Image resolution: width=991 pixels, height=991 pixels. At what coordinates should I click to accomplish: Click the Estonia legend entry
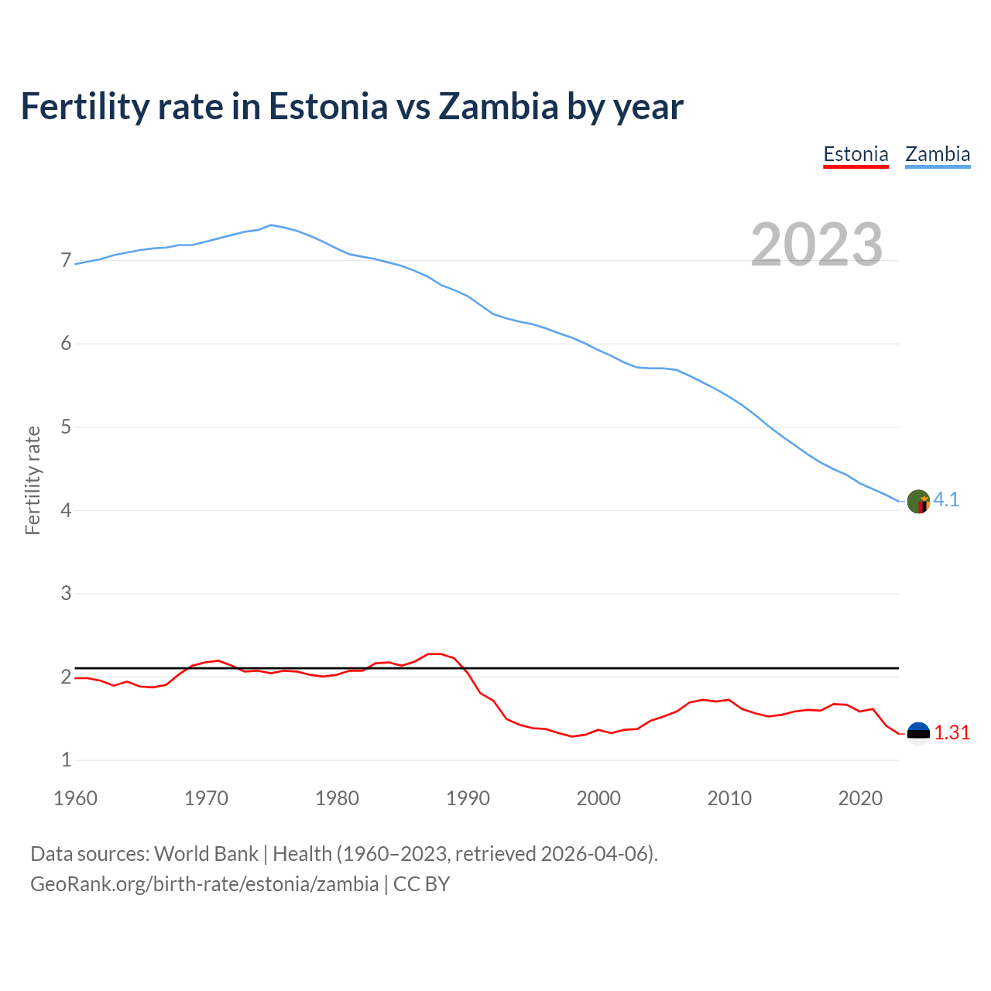coord(856,154)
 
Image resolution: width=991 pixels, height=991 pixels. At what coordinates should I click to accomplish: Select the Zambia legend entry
coord(938,154)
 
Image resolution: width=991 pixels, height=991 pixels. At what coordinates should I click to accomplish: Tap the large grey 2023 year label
coord(816,245)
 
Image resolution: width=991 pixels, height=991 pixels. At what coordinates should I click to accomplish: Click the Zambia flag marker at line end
coord(918,502)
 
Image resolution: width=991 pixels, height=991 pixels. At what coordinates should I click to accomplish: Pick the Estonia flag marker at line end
coord(918,733)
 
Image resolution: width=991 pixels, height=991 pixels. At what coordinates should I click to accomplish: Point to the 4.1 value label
coord(946,500)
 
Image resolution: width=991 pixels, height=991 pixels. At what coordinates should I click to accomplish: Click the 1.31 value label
coord(952,733)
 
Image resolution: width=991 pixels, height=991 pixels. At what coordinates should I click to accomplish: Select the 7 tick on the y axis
coord(66,261)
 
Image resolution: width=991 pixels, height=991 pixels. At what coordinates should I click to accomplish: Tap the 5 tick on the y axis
coord(66,427)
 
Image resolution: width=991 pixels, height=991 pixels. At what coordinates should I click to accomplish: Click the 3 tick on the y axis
coord(66,594)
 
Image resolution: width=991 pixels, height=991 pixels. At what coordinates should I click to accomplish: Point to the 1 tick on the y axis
coord(66,760)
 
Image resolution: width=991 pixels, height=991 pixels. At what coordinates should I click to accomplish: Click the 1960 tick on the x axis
coord(75,798)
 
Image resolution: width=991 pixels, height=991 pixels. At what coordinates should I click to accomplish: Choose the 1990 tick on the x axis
coord(468,798)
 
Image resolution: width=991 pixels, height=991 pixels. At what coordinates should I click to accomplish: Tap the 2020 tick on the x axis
coord(860,798)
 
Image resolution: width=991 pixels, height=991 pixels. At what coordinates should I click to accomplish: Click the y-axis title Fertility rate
coord(33,480)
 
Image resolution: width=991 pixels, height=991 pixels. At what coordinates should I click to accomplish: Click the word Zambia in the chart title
coord(498,106)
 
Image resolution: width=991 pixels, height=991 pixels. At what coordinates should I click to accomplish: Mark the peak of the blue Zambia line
coord(270,225)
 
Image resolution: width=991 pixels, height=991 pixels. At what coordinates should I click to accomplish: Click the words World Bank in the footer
coord(206,854)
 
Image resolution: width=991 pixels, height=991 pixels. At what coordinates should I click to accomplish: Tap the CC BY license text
coord(421,884)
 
